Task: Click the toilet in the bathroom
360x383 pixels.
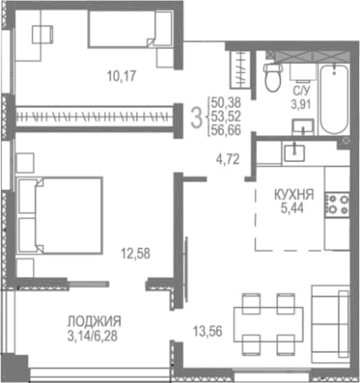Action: [272, 77]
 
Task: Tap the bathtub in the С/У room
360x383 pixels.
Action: [334, 99]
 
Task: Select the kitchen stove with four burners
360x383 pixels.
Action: [337, 205]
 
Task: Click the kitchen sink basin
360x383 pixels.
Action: [295, 153]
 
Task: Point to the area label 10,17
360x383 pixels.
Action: [122, 76]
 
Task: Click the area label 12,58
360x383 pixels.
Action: [136, 254]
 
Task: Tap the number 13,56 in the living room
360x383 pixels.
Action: [208, 331]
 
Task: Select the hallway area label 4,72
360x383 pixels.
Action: [227, 159]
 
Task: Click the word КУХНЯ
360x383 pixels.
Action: [294, 195]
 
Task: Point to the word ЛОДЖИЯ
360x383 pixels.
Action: [94, 322]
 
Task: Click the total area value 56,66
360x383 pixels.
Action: [226, 130]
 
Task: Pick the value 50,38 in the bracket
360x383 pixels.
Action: [226, 103]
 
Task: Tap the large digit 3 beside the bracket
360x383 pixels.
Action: [196, 117]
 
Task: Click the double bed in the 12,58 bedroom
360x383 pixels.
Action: [60, 215]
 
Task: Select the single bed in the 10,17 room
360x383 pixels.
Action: [130, 29]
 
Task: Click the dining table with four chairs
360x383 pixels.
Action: [268, 324]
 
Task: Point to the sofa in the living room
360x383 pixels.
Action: [331, 324]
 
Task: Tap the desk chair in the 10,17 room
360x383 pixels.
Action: [43, 34]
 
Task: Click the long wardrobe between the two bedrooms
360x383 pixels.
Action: [95, 117]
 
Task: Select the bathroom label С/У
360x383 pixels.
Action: [301, 90]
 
